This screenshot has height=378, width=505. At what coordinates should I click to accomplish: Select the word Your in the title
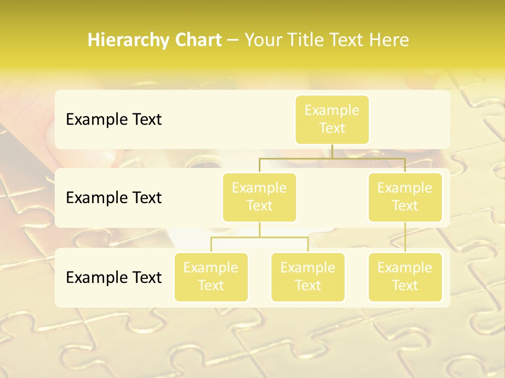(264, 40)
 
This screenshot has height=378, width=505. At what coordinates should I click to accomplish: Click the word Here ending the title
(389, 40)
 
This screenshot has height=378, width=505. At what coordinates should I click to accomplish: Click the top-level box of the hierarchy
(332, 120)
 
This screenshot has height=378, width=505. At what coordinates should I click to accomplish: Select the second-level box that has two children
(259, 197)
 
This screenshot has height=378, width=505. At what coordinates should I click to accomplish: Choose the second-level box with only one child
(405, 197)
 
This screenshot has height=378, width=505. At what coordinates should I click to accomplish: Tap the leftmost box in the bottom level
(211, 277)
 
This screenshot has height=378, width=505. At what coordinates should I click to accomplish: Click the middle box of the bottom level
(308, 277)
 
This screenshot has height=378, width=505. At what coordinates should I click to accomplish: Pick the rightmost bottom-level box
(405, 277)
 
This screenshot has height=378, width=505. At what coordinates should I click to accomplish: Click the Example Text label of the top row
(114, 120)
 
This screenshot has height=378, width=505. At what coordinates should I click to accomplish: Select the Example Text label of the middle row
(114, 198)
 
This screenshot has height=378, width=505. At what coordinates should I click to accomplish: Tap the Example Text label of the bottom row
(114, 277)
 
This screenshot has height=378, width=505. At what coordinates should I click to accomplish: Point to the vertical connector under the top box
(332, 151)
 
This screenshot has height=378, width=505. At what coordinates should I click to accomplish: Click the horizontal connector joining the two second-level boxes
(332, 157)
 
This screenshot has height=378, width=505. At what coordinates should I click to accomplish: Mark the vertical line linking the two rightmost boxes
(405, 237)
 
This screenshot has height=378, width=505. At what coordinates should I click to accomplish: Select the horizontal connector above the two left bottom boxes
(259, 237)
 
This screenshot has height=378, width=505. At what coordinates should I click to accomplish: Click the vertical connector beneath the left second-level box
(259, 229)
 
